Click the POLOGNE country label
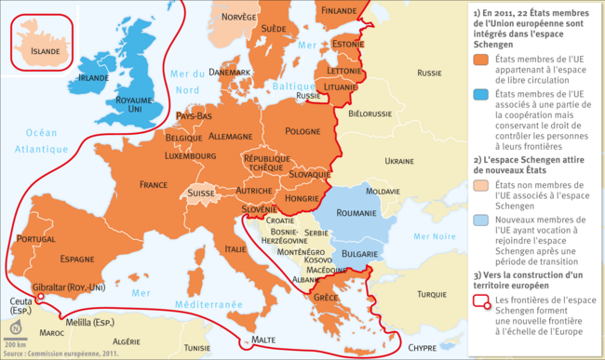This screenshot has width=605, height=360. [x=302, y=131]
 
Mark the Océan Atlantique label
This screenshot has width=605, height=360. [x=41, y=140]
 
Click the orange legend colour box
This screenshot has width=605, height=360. [x=480, y=59]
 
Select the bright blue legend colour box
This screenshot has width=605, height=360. [x=480, y=95]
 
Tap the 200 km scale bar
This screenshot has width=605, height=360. [x=15, y=340]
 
